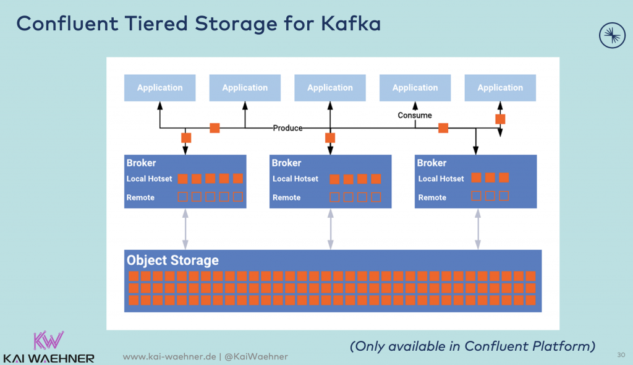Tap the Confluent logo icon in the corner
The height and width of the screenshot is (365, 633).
(612, 35)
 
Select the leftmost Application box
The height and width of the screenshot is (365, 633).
(159, 88)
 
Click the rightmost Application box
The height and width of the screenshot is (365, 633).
(500, 88)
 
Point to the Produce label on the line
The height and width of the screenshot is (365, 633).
(288, 128)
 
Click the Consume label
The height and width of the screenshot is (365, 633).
(415, 115)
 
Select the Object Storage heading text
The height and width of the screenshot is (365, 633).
(172, 260)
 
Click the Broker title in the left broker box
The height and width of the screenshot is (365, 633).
(141, 163)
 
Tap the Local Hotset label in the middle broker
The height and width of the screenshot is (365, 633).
(295, 179)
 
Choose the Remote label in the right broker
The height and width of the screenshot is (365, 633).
(432, 197)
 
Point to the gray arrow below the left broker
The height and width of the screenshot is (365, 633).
(185, 229)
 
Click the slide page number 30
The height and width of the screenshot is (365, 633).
(621, 354)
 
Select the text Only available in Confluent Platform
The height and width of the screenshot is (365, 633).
(473, 346)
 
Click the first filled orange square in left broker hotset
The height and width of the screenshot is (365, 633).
(182, 179)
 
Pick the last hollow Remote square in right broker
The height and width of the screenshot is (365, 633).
(504, 196)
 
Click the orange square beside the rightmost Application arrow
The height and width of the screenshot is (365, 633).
(500, 119)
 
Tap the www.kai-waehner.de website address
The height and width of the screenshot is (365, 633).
(169, 357)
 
